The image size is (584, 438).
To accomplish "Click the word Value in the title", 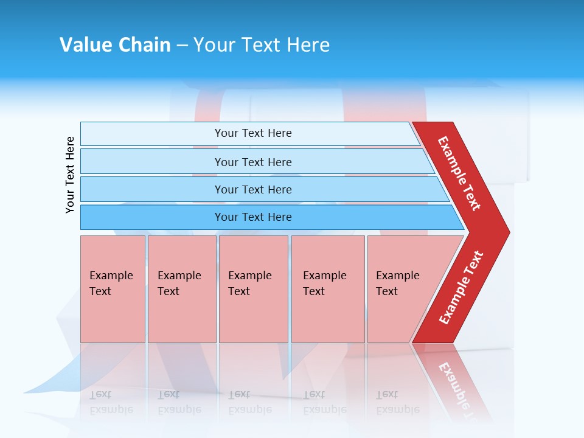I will tap(85, 45).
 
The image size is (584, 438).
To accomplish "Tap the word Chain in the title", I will tap(144, 45).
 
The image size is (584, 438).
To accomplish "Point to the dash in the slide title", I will tap(182, 46).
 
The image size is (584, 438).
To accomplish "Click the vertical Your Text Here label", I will tap(70, 175).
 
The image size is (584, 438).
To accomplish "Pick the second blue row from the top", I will tap(253, 162).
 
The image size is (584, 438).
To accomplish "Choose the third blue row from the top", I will tap(253, 189).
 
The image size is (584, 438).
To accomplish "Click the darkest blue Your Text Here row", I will tap(253, 217).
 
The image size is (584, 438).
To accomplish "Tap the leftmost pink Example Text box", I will tap(113, 289).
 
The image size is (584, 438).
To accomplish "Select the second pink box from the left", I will tap(182, 289).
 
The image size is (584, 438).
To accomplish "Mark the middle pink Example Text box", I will tap(253, 289).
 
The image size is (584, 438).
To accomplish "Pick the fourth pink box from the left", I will tap(328, 289).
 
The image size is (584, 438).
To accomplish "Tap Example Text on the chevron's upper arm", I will tap(459, 173).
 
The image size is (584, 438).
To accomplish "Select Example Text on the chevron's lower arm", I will tap(461, 288).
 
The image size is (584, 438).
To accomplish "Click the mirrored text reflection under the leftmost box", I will tap(111, 402).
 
